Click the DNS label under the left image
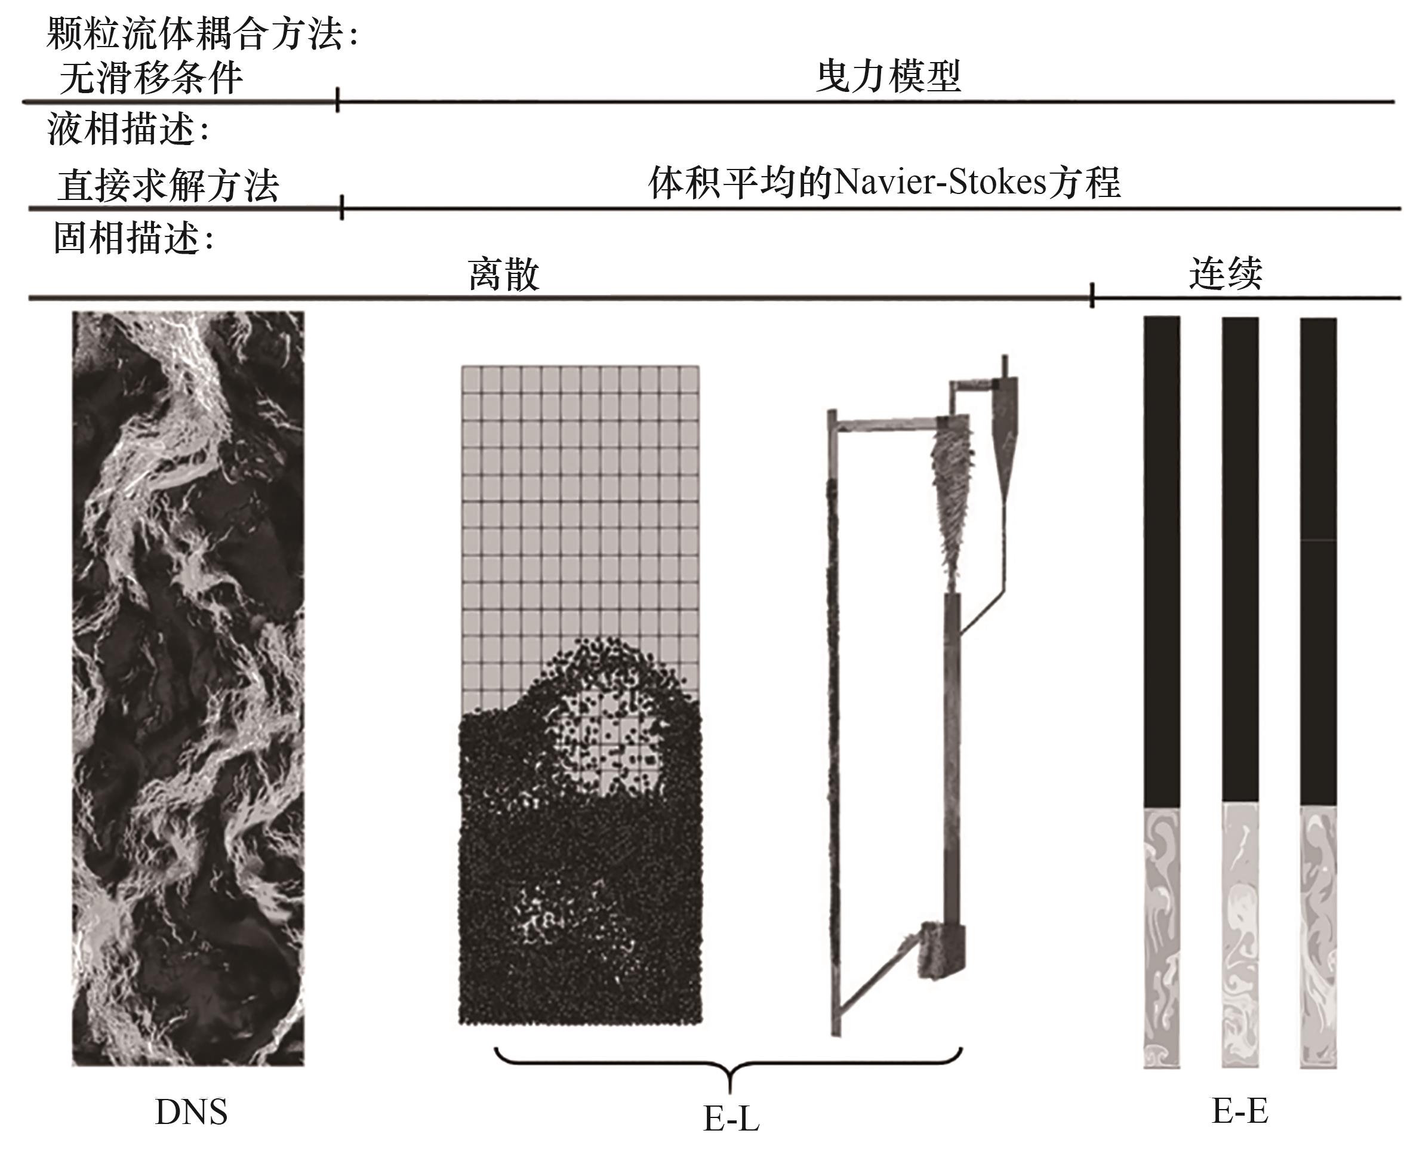(x=190, y=1111)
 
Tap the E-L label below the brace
(x=731, y=1117)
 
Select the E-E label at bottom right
(x=1239, y=1111)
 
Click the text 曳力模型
(x=888, y=76)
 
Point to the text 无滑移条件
(x=150, y=78)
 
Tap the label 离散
(x=503, y=274)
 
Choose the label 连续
(x=1226, y=273)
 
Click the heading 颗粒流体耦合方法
(x=201, y=33)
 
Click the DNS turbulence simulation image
(x=188, y=689)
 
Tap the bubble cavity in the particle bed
(x=605, y=735)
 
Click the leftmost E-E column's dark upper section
(x=1162, y=562)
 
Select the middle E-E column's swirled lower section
(x=1239, y=937)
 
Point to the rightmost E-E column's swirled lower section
(x=1317, y=937)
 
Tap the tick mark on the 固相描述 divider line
(x=1092, y=295)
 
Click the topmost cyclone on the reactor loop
(x=1005, y=428)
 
